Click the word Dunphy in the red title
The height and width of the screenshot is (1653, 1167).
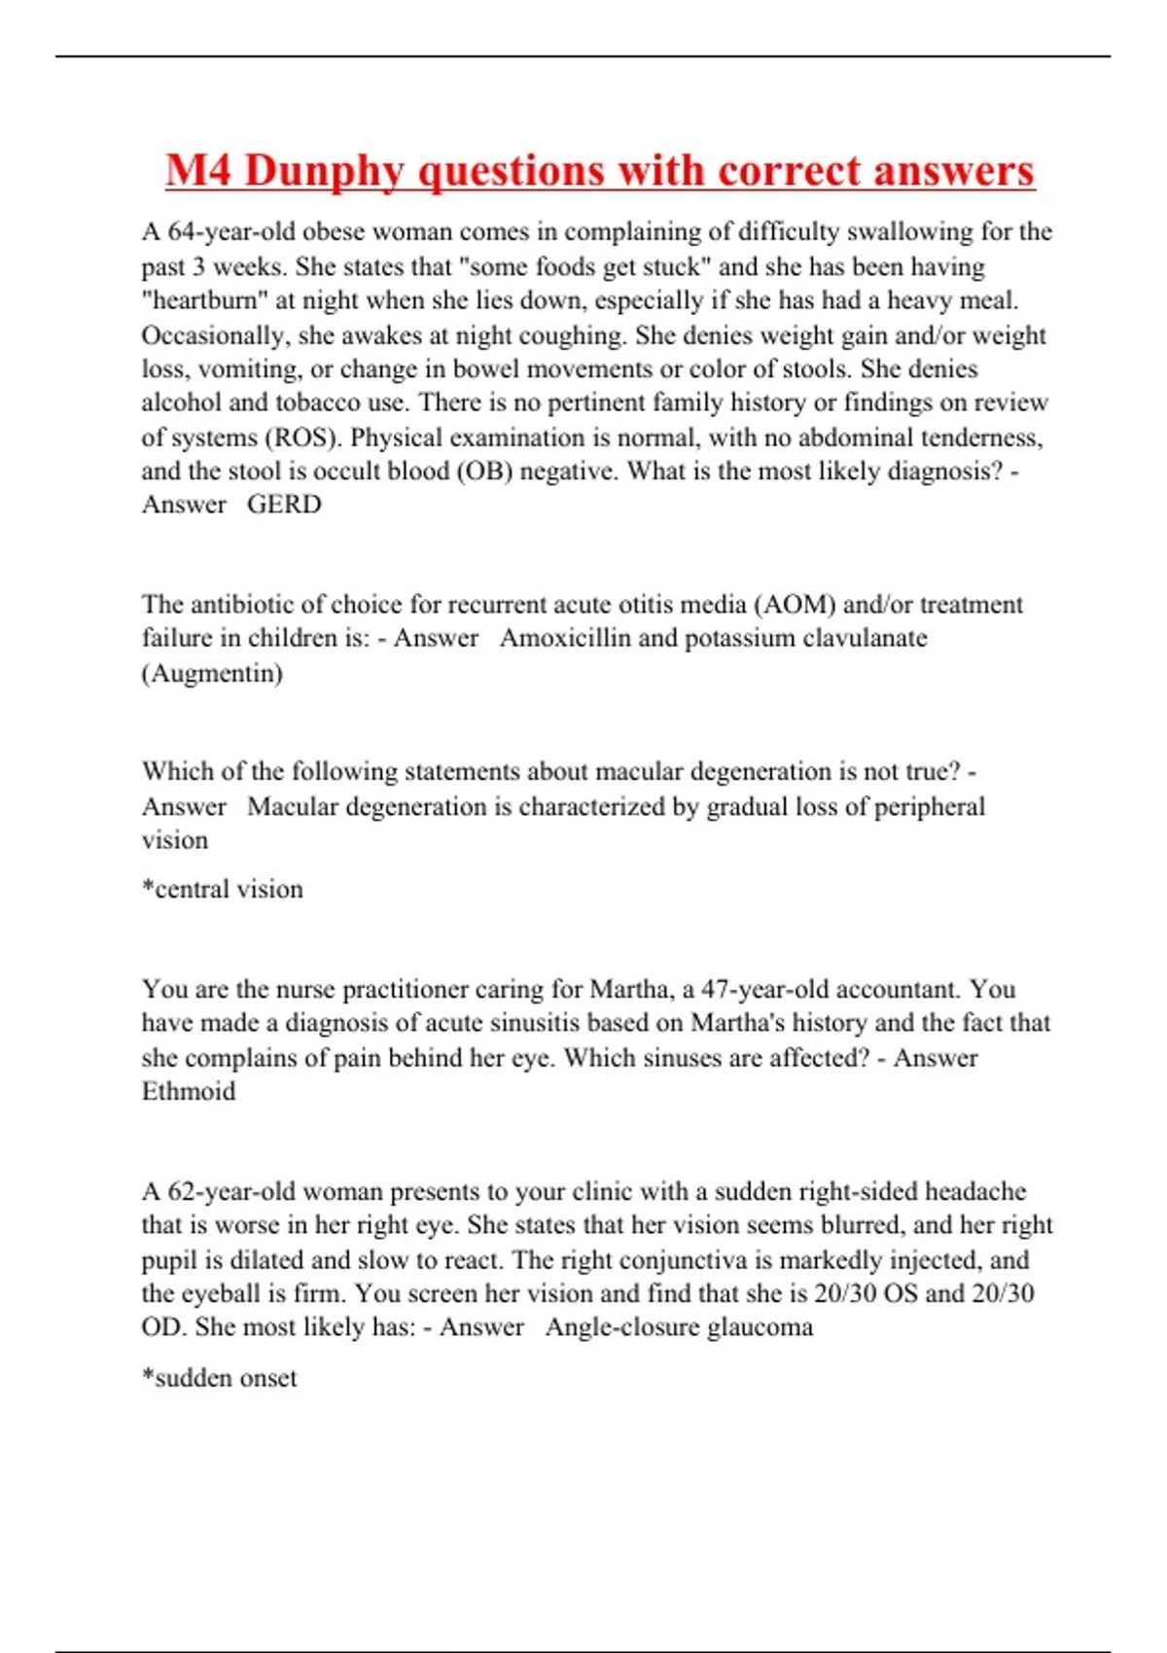[323, 172]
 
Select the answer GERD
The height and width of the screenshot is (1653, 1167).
[284, 505]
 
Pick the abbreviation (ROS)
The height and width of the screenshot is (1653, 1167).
[303, 438]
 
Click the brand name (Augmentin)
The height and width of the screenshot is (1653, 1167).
[212, 673]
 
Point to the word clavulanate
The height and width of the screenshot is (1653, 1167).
[864, 639]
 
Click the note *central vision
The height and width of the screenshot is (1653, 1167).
[223, 890]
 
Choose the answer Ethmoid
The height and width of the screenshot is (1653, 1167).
[189, 1092]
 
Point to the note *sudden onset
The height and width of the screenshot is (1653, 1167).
[220, 1379]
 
